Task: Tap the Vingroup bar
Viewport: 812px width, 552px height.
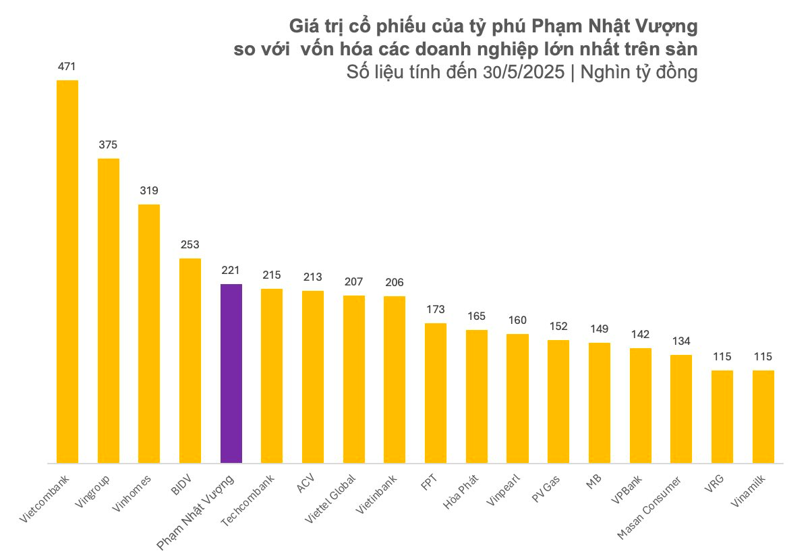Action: pos(109,310)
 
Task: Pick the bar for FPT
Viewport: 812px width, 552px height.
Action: pos(436,393)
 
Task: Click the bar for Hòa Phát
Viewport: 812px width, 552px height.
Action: pos(477,396)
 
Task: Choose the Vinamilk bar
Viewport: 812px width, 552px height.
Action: pos(763,416)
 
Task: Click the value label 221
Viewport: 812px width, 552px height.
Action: pos(231,271)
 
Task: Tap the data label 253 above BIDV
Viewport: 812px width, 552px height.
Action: pos(190,245)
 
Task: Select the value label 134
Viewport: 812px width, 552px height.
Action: pos(681,341)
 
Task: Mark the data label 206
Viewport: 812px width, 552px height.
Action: pos(395,283)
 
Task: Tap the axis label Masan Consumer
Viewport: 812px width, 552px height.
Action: pos(649,511)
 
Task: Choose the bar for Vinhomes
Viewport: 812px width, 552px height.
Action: pos(149,333)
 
